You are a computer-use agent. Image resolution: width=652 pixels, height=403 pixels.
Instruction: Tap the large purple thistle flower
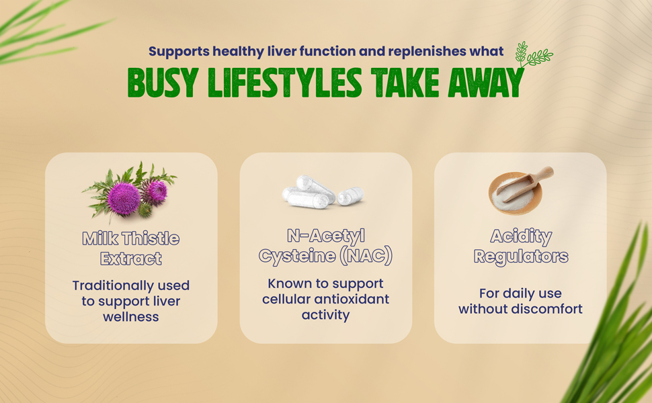coord(124,199)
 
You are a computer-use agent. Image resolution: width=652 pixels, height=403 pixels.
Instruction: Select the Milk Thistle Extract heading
coord(131,248)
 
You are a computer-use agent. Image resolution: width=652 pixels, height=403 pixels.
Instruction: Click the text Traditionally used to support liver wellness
coord(131,300)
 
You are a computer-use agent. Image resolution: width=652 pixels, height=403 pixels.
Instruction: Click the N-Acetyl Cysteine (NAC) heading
coord(325,246)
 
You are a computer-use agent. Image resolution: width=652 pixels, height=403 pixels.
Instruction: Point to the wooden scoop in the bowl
coord(531,183)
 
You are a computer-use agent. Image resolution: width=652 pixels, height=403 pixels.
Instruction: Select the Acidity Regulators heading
coord(520,246)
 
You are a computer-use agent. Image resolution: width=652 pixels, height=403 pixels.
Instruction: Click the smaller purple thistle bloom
coord(157,192)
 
